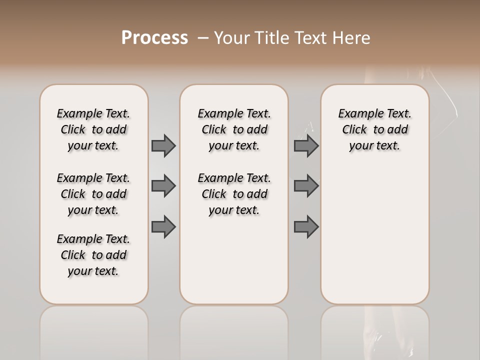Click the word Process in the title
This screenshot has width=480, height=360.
154,38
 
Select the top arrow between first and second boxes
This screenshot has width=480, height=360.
163,145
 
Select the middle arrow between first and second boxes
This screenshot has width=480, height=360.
163,186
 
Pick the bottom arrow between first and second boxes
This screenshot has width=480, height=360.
163,226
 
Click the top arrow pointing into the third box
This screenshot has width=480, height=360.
306,145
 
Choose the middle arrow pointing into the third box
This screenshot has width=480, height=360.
306,186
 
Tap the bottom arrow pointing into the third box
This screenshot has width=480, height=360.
306,226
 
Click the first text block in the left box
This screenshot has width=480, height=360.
93,129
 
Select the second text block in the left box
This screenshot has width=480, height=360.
93,194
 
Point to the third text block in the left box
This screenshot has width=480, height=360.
93,255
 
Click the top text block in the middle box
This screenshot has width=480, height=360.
234,129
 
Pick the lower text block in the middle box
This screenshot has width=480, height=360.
234,194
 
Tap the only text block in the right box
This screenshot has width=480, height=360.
374,129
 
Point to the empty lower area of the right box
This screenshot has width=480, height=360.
374,235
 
